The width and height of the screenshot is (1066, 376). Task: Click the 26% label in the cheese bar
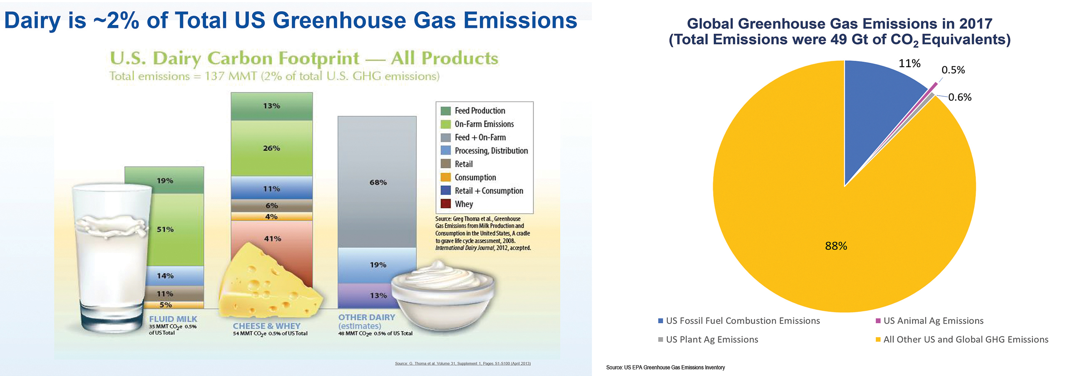tap(271, 148)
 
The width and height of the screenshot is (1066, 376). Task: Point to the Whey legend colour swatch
tap(445, 204)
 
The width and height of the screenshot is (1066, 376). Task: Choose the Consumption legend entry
tap(475, 177)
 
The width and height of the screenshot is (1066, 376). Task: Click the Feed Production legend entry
tap(480, 111)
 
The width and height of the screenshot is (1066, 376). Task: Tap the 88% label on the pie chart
tap(836, 246)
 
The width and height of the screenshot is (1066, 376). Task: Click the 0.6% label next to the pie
tap(959, 97)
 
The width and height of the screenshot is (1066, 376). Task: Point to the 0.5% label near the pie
tap(953, 70)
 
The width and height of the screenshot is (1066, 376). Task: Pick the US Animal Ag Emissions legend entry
tap(933, 321)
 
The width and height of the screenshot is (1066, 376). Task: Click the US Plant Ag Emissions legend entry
tap(711, 339)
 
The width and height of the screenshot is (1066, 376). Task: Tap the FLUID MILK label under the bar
tap(173, 319)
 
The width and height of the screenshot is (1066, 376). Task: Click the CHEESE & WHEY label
tap(266, 326)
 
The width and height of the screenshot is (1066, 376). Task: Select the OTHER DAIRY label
tap(366, 317)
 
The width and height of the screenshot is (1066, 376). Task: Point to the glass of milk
tap(110, 258)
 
